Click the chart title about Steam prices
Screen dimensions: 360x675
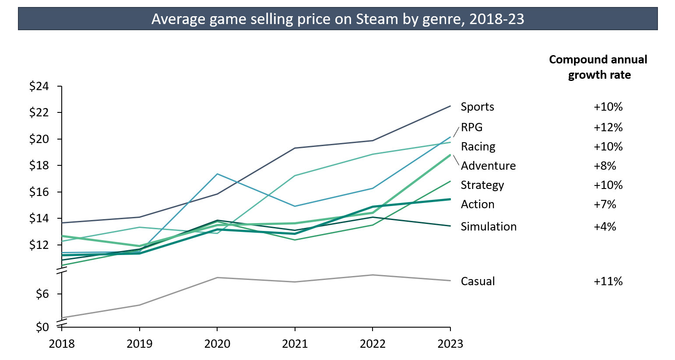(337, 19)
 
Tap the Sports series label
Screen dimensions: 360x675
(477, 107)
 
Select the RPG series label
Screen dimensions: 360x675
(471, 127)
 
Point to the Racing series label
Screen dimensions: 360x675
(478, 147)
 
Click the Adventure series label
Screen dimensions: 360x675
(488, 166)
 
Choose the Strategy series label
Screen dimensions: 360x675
(482, 185)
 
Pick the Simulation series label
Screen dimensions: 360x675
(489, 227)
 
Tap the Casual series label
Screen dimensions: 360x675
(478, 281)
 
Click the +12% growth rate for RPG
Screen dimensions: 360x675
(608, 127)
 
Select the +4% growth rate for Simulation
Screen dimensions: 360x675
(605, 227)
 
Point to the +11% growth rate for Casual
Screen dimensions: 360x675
(608, 281)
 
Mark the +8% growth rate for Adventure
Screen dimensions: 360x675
(605, 166)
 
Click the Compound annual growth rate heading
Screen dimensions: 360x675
(598, 67)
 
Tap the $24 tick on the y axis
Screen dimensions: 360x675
(39, 86)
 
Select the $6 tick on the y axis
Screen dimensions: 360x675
(42, 294)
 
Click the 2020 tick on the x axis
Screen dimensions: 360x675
(217, 344)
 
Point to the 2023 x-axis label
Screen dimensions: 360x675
(450, 344)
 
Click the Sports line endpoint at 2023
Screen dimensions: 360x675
(450, 106)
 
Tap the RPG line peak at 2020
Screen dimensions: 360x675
(217, 174)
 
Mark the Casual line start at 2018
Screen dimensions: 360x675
(62, 318)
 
